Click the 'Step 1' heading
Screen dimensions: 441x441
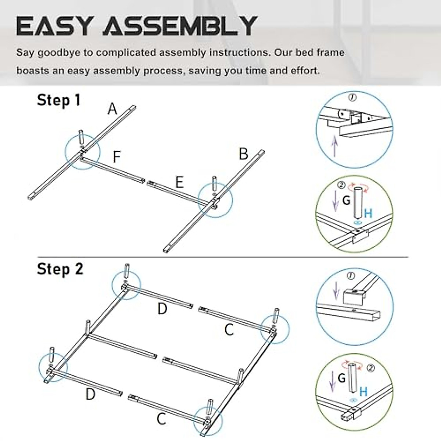(x=58, y=100)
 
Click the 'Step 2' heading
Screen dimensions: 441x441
(x=60, y=269)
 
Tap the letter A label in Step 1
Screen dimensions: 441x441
(x=112, y=109)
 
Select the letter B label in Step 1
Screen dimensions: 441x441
(x=243, y=154)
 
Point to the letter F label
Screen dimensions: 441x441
(x=116, y=157)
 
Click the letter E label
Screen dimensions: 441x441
(x=179, y=183)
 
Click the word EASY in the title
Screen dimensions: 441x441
(x=54, y=26)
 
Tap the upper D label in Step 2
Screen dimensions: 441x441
(x=162, y=309)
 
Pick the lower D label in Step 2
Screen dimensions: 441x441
(x=90, y=395)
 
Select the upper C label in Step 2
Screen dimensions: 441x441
(x=229, y=330)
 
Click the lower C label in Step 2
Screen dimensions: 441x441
(x=161, y=419)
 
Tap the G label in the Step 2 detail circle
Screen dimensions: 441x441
(x=341, y=378)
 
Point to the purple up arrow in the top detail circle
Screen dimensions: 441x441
(x=334, y=146)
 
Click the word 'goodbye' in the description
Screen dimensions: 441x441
(x=60, y=53)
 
